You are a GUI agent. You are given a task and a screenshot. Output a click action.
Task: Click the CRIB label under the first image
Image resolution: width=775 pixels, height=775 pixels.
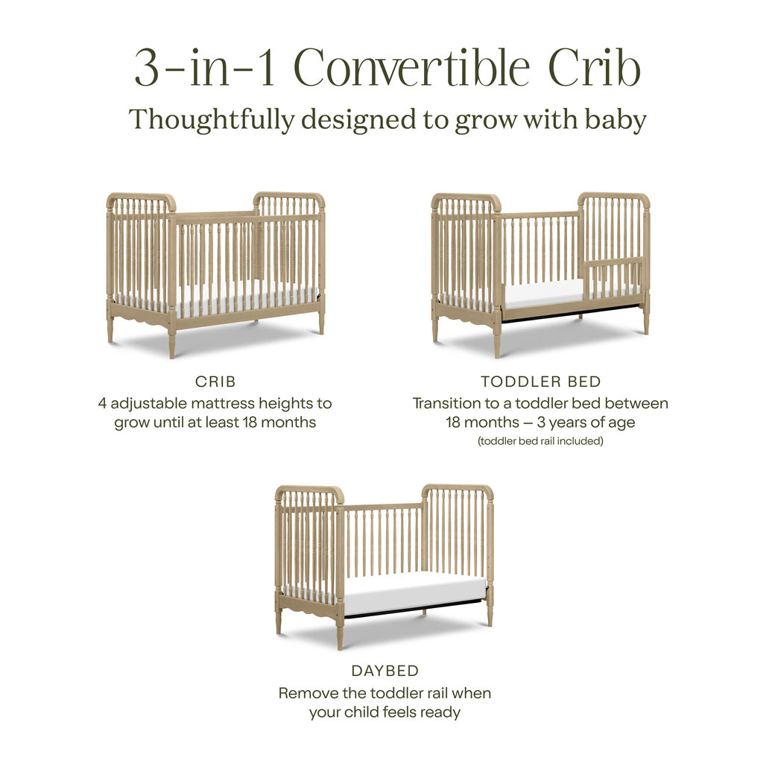215,382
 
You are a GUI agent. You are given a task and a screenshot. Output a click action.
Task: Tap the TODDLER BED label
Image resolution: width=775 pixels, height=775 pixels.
540,382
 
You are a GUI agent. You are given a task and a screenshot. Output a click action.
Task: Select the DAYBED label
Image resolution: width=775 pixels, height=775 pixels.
385,671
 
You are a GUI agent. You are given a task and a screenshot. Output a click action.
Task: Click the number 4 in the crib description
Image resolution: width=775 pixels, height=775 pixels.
103,403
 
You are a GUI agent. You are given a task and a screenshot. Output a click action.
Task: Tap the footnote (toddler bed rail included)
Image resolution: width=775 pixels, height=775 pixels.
540,441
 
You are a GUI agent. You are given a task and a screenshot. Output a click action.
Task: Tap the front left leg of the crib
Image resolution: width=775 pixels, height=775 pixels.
172,343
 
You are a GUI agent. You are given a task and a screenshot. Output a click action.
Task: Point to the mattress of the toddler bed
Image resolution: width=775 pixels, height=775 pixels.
544,294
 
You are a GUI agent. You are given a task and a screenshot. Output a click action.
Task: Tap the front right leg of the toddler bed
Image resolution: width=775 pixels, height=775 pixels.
646,320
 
